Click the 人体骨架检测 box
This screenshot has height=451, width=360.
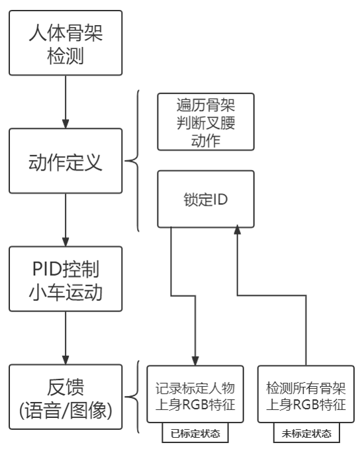click(x=66, y=43)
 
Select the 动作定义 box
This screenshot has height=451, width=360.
click(x=66, y=161)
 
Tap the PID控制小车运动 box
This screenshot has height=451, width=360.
click(x=66, y=279)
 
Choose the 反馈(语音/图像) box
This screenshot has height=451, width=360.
click(x=66, y=397)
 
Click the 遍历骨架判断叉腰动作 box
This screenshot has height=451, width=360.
click(x=206, y=122)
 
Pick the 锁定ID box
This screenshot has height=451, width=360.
click(x=206, y=199)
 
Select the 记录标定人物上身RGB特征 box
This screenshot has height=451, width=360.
click(x=195, y=394)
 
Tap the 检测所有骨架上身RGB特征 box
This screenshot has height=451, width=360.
click(x=306, y=394)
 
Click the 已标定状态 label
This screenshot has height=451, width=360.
click(x=195, y=433)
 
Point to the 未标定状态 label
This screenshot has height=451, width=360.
click(x=306, y=433)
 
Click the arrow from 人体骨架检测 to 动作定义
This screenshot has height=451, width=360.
click(x=66, y=102)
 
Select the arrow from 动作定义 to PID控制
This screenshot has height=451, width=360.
click(x=66, y=220)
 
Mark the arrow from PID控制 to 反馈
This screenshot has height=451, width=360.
click(x=66, y=338)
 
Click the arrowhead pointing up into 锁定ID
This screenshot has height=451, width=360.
click(x=238, y=229)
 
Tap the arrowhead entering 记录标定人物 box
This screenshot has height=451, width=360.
click(x=195, y=361)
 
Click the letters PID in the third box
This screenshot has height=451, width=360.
click(x=47, y=269)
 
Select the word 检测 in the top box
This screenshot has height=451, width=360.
click(x=66, y=56)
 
